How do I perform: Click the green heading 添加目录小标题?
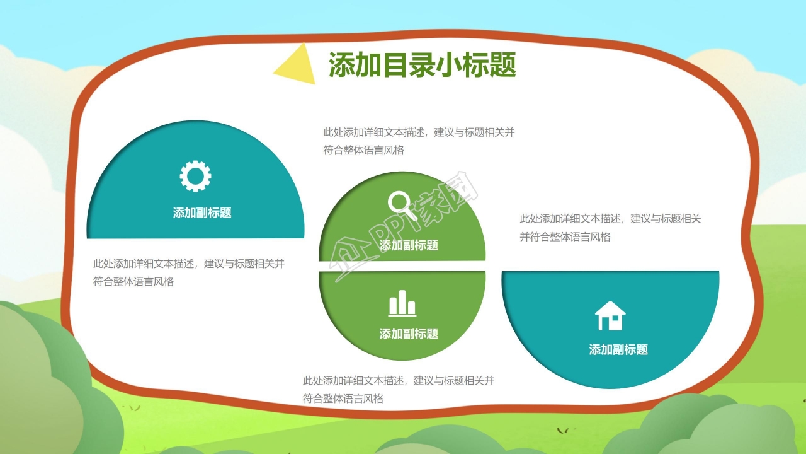tap(423, 65)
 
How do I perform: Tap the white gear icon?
tap(195, 176)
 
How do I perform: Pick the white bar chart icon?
tap(402, 303)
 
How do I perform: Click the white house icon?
tap(610, 316)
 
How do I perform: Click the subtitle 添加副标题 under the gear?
tap(202, 212)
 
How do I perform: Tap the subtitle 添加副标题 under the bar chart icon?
tap(409, 334)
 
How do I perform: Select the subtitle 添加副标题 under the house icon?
tap(618, 349)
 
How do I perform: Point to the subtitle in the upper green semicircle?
tap(409, 245)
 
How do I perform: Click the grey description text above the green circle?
tap(419, 141)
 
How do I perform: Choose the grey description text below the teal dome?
tap(188, 272)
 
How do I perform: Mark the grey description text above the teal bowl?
tap(610, 228)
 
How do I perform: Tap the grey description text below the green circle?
tap(399, 389)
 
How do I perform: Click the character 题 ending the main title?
tap(503, 65)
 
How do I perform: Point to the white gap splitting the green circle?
tap(402, 266)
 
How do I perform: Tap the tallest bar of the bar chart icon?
tap(402, 302)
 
